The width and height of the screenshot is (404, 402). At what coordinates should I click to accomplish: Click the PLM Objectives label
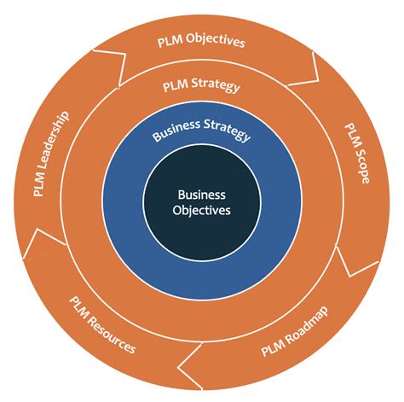tap(201, 40)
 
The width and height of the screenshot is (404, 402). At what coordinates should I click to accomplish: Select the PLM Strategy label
tap(201, 86)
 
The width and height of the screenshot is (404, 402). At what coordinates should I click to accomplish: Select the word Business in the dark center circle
tap(201, 194)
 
